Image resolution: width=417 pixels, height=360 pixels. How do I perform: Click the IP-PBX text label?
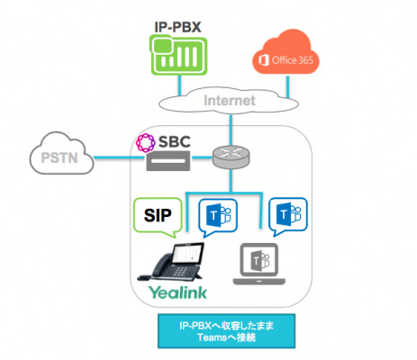point(177,27)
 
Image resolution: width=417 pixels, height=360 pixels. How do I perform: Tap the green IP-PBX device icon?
point(178,55)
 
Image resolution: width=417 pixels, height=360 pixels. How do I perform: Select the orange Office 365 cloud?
point(286,52)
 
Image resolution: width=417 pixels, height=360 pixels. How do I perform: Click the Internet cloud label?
point(230,100)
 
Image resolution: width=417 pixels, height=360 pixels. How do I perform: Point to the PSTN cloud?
point(61,153)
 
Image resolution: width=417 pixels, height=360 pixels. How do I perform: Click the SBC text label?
point(175,141)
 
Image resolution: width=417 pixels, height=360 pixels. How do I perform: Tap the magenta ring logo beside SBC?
point(146,142)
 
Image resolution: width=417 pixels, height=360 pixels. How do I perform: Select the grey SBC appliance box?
point(168,161)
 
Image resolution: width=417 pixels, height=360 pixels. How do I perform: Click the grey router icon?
point(231,157)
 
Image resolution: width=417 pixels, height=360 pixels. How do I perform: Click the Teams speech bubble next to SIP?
point(218,217)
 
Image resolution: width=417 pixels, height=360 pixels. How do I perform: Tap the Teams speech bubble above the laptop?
point(288,216)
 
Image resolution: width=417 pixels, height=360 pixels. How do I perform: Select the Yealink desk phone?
point(171,262)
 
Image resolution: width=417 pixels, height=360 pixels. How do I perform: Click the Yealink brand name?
point(177,292)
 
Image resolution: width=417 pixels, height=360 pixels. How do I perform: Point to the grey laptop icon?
point(259,264)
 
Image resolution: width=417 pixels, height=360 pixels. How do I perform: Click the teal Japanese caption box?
point(227,331)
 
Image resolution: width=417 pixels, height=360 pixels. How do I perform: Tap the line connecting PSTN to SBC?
point(120,157)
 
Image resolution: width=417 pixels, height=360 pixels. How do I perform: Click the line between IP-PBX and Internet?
point(180,85)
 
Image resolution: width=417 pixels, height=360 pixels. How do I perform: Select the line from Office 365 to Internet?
point(287,86)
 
